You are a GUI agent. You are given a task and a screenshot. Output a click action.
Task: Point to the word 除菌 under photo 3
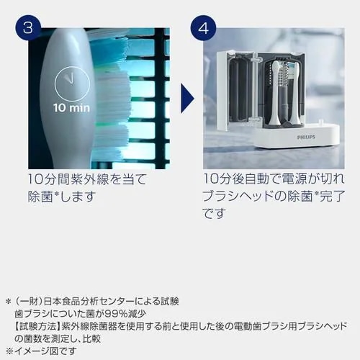point(41,196)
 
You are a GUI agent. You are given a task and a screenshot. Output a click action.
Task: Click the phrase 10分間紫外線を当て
point(87,178)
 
